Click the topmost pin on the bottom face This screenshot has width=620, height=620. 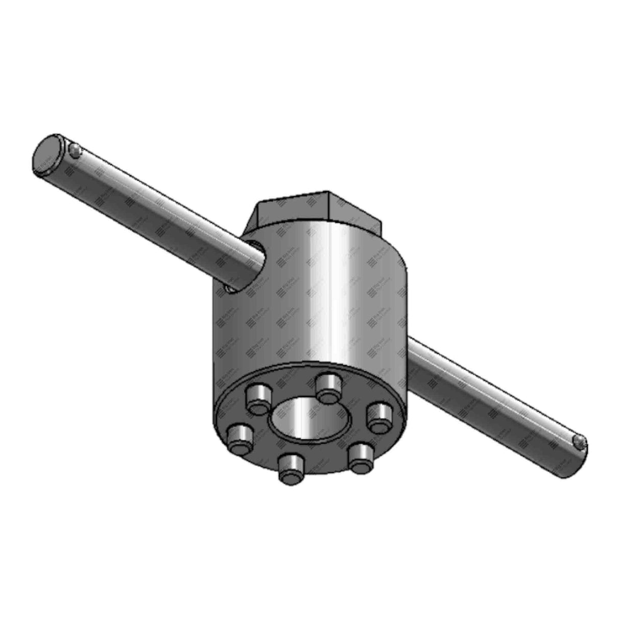pyautogui.click(x=327, y=387)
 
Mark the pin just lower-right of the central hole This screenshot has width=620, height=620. pyautogui.click(x=360, y=457)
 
